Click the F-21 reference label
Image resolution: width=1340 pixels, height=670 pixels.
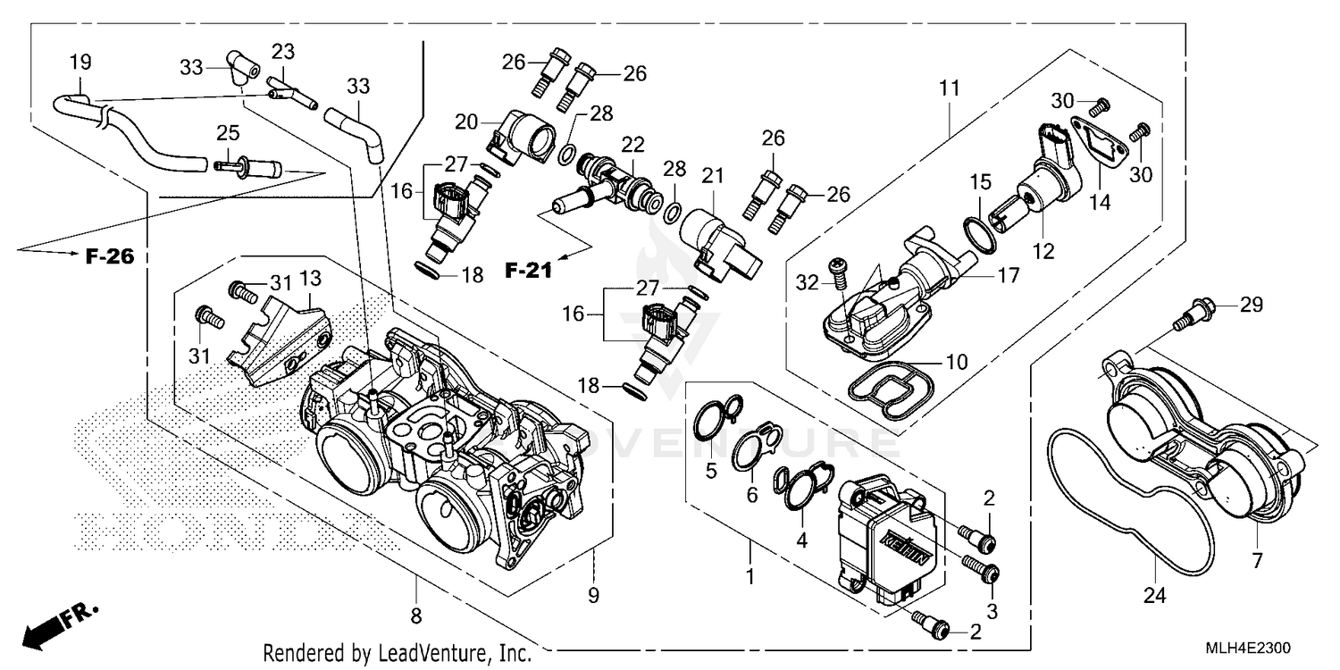click(x=528, y=270)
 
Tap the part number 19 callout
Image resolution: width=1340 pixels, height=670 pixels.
click(x=80, y=63)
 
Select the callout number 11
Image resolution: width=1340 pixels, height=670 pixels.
click(x=949, y=88)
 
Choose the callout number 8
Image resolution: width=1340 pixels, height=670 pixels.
click(x=416, y=616)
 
